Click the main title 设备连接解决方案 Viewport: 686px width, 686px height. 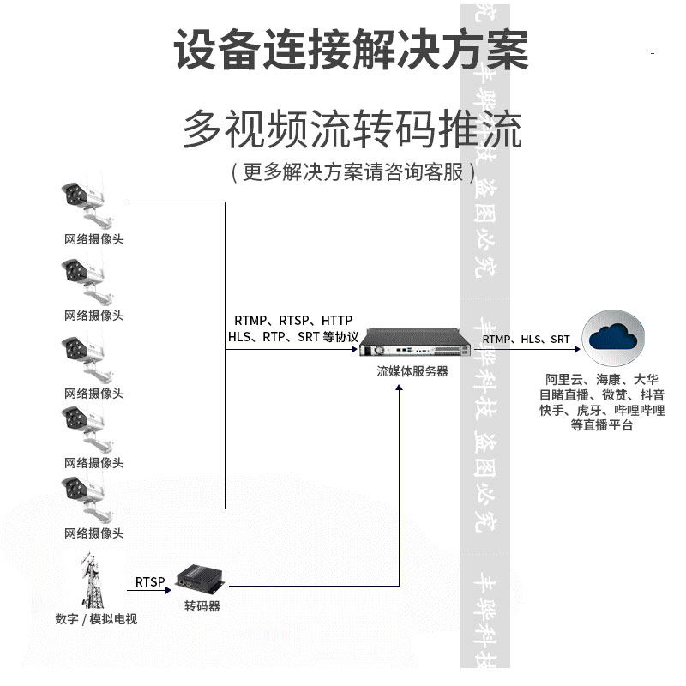352,50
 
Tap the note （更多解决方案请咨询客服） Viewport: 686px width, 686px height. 352,171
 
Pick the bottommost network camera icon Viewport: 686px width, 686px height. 87,499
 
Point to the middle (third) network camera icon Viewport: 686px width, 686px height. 87,359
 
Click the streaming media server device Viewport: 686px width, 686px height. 415,346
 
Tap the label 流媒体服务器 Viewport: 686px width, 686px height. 412,372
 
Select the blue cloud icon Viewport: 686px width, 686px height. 613,338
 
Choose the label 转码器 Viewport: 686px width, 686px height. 202,606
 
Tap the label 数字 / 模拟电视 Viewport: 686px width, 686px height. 95,619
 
